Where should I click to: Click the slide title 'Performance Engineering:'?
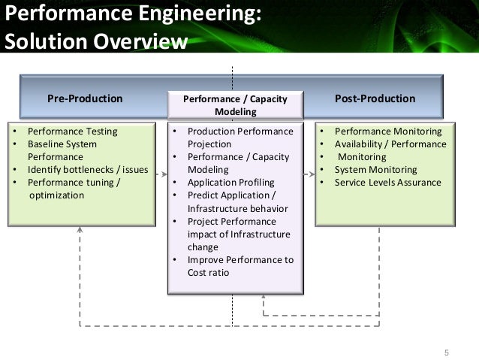point(134,14)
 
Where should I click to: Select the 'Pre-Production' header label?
point(85,98)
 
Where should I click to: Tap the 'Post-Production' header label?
point(375,98)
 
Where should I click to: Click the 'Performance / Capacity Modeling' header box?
point(236,105)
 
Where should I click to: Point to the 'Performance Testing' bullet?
point(72,132)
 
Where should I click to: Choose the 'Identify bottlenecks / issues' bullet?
point(88,170)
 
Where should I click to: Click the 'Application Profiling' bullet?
point(230,183)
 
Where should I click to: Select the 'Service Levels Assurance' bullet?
point(387,183)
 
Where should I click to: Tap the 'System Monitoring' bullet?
point(375,170)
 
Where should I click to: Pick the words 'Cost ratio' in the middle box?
point(208,273)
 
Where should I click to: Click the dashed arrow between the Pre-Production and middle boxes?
point(161,174)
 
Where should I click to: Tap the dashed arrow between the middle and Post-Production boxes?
point(310,174)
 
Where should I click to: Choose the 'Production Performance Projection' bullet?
point(239,138)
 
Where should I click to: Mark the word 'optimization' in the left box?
point(56,195)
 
